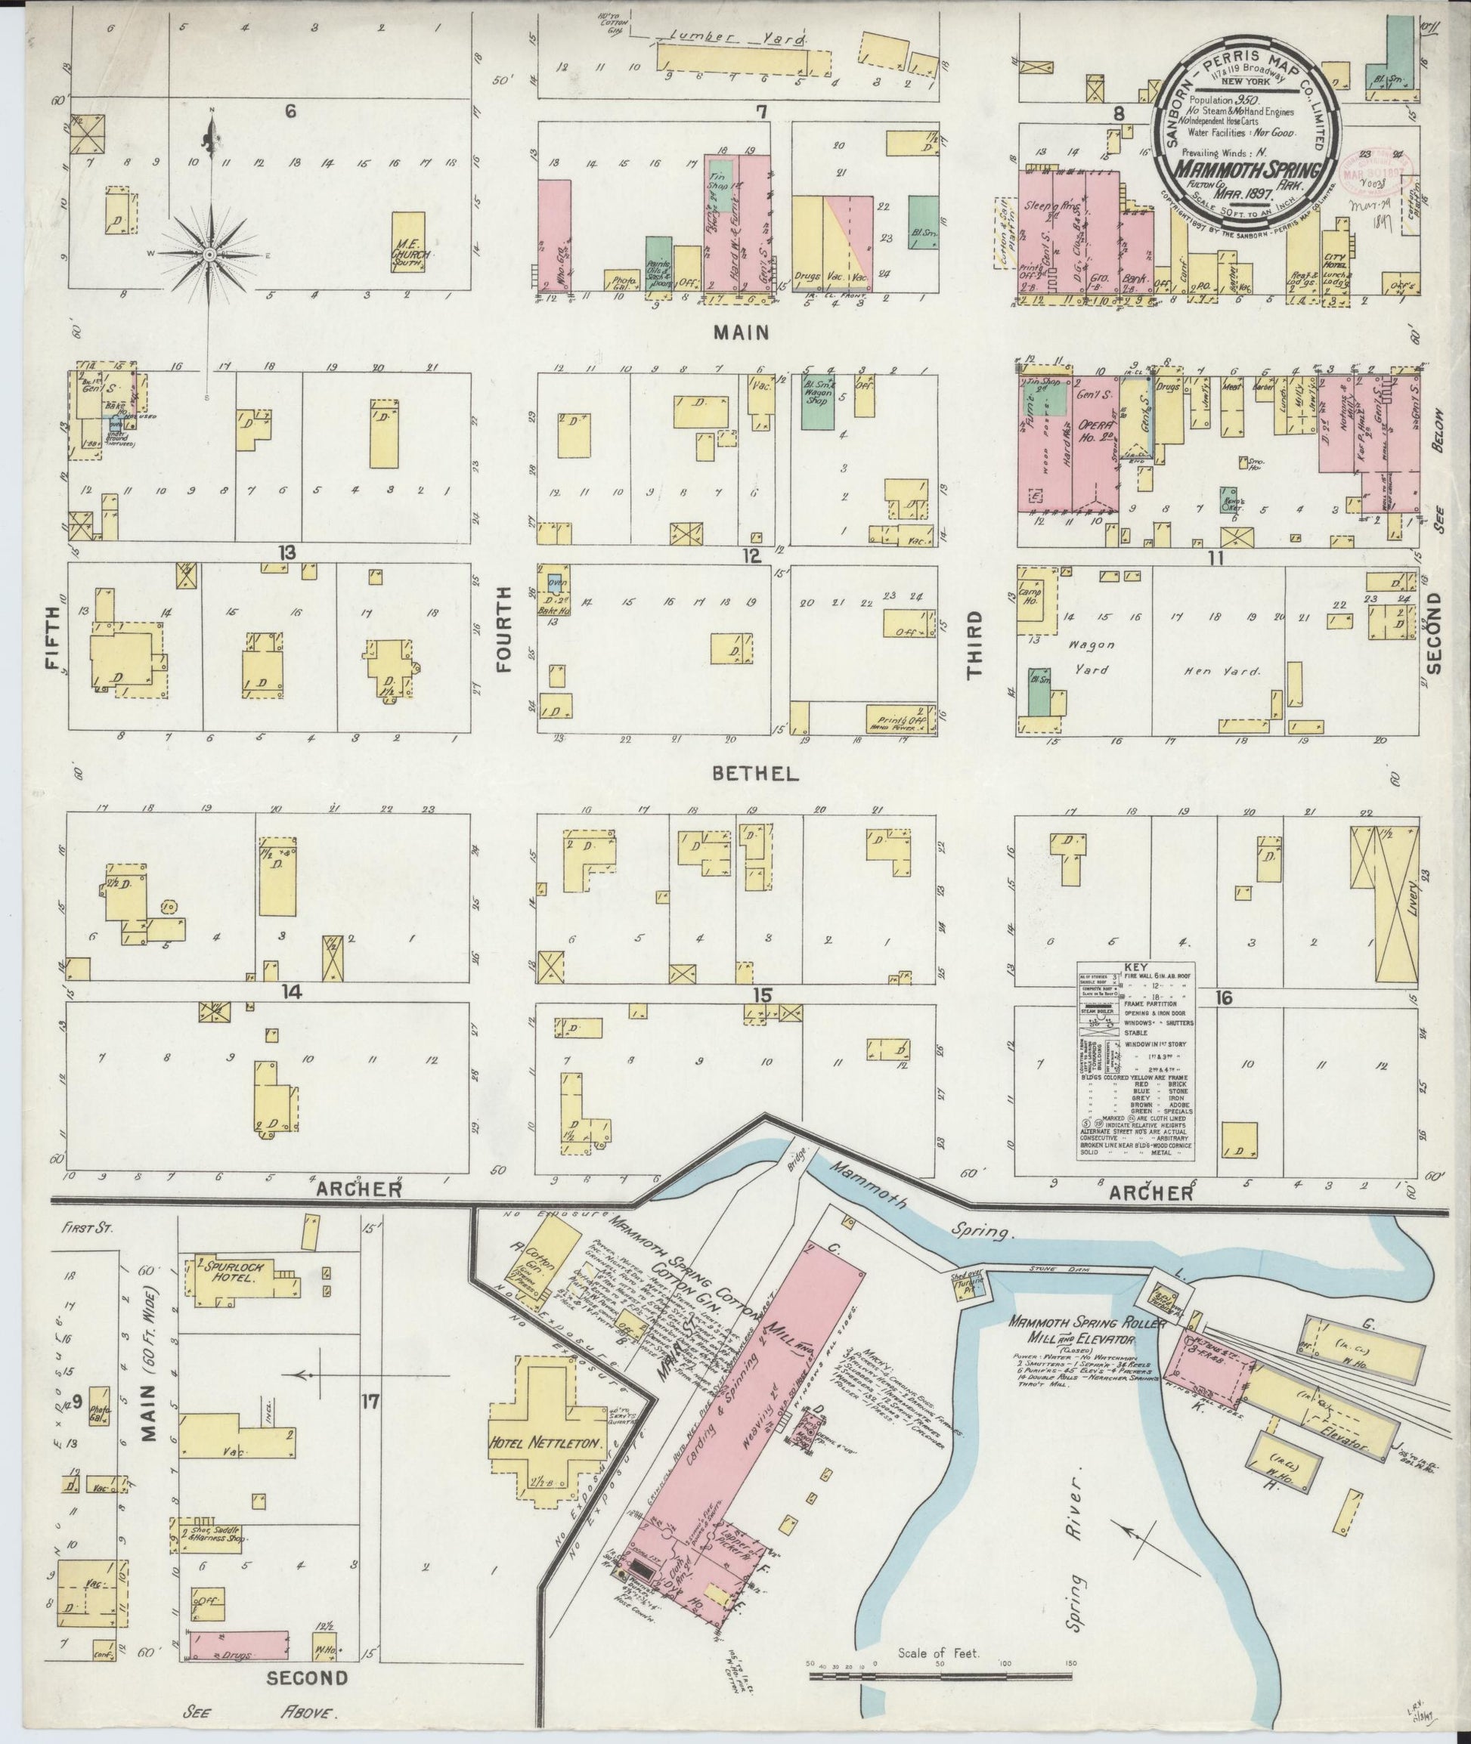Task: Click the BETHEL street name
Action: [755, 775]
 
